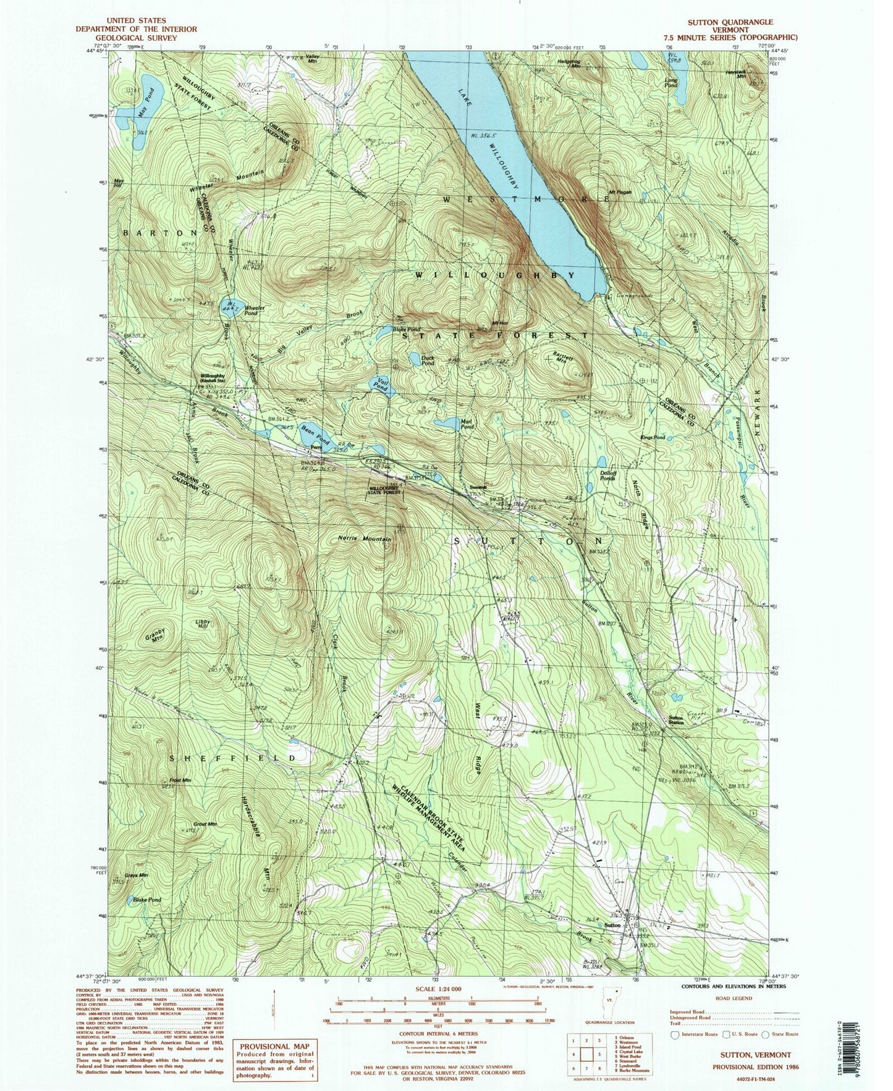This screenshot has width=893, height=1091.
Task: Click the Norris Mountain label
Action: click(x=365, y=538)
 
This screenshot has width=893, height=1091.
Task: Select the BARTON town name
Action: click(x=159, y=233)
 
